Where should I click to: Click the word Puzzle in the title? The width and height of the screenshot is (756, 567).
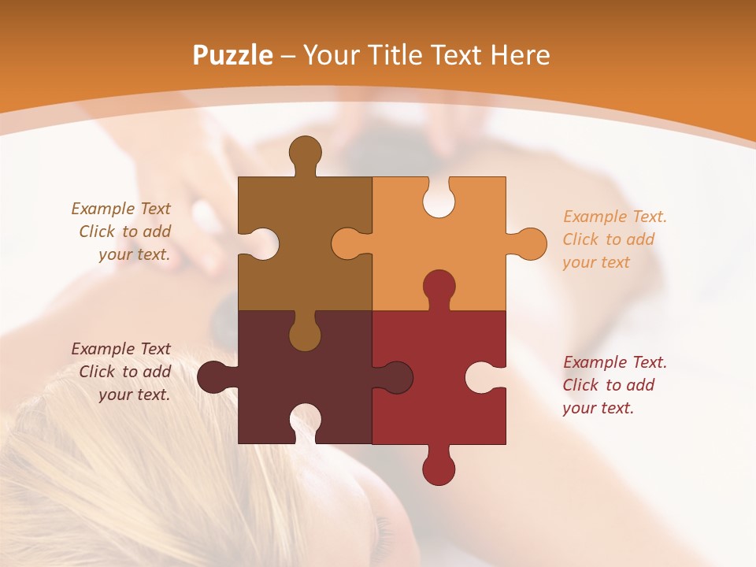pos(233,55)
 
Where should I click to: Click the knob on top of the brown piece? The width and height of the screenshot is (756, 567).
pos(305,153)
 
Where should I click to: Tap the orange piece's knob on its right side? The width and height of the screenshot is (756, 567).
pos(528,244)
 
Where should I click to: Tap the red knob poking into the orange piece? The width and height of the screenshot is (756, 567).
pos(439,287)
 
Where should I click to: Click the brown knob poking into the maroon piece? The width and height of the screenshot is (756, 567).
pos(305,334)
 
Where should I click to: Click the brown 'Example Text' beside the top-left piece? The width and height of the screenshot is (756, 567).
pos(120,209)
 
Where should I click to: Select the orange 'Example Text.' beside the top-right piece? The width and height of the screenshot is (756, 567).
pos(615,217)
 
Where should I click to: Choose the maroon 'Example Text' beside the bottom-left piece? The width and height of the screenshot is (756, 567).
pos(120,349)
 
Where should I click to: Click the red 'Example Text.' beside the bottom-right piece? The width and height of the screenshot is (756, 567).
pos(615,362)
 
